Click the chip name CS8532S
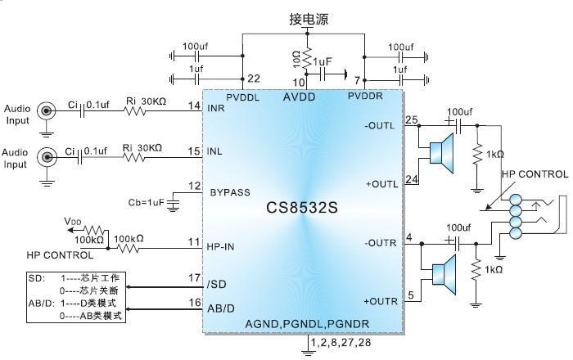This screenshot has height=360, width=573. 304,208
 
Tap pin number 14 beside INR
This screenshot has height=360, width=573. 194,106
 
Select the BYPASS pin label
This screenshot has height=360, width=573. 230,192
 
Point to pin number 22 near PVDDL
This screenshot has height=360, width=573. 254,79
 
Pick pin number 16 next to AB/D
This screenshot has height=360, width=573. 194,303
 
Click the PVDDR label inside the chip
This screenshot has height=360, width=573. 365,96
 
